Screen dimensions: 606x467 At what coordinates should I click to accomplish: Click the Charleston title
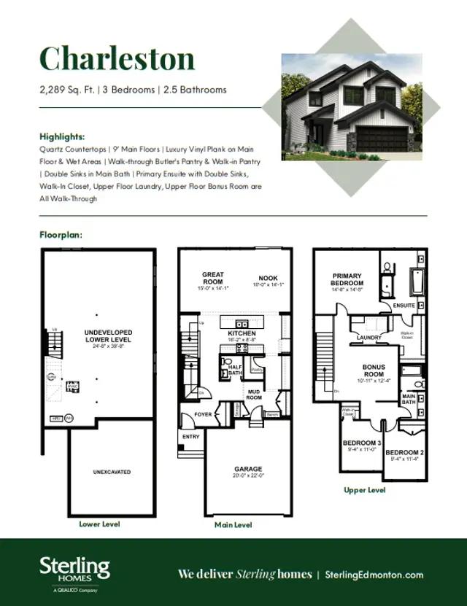117,58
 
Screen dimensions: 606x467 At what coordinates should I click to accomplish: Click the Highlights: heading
62,136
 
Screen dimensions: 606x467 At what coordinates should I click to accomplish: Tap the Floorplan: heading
61,235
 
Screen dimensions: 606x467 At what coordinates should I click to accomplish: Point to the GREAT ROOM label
213,278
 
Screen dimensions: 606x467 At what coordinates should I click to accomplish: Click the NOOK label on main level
268,278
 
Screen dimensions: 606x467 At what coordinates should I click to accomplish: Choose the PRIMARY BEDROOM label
347,279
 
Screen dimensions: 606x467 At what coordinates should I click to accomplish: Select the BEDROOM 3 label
362,443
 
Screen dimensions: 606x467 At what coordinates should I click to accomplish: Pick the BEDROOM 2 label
404,452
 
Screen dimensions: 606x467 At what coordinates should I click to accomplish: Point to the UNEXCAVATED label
112,472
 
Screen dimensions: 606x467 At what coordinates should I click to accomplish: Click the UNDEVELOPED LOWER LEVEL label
109,336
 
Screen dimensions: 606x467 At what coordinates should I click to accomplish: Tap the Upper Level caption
365,490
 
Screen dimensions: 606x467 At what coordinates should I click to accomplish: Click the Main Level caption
233,524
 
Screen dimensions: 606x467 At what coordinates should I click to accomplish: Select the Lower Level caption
99,524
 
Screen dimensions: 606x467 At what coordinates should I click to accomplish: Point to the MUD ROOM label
254,395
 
